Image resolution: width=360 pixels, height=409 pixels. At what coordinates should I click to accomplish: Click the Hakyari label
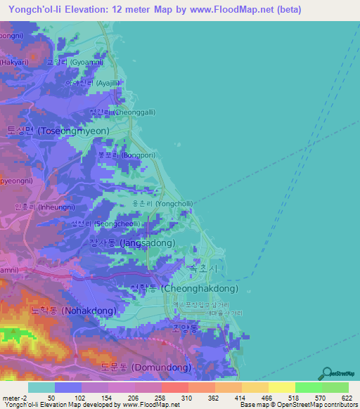pyautogui.click(x=14, y=62)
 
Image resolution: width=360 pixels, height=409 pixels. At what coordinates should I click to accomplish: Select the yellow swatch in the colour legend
pyautogui.click(x=281, y=387)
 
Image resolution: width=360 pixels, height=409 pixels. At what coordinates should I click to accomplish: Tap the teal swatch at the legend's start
pyautogui.click(x=41, y=387)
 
